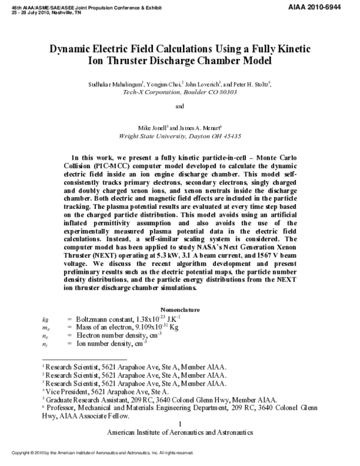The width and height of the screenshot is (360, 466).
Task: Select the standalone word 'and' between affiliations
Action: (179, 107)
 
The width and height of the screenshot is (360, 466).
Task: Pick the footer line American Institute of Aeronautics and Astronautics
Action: (180, 432)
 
